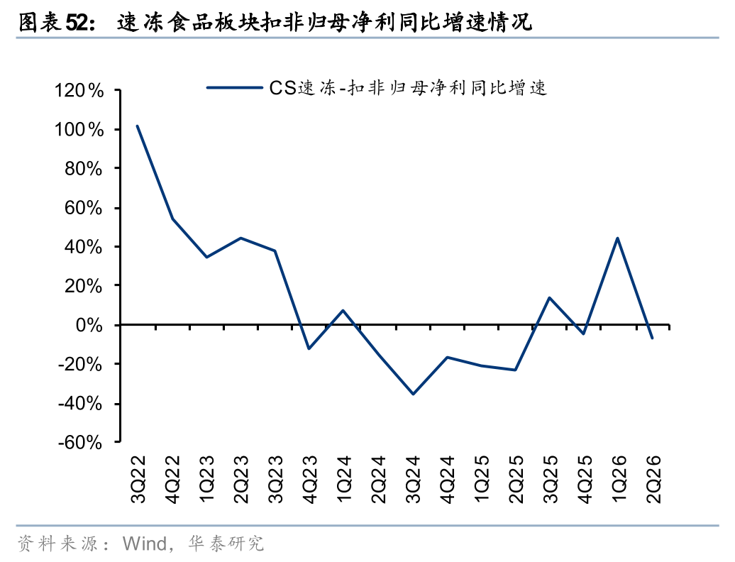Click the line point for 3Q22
138,126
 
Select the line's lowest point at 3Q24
413,394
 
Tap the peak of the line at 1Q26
617,238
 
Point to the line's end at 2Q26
651,338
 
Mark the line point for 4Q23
309,348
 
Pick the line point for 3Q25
549,297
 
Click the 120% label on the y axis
79,90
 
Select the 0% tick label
89,325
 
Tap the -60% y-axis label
79,442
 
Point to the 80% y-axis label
84,169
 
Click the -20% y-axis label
79,364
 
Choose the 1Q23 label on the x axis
206,478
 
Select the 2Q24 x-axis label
378,478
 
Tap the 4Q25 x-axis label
585,478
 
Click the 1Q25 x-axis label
482,478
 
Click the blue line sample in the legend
234,87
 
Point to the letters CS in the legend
282,88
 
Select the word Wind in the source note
145,544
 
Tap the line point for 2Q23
241,238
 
